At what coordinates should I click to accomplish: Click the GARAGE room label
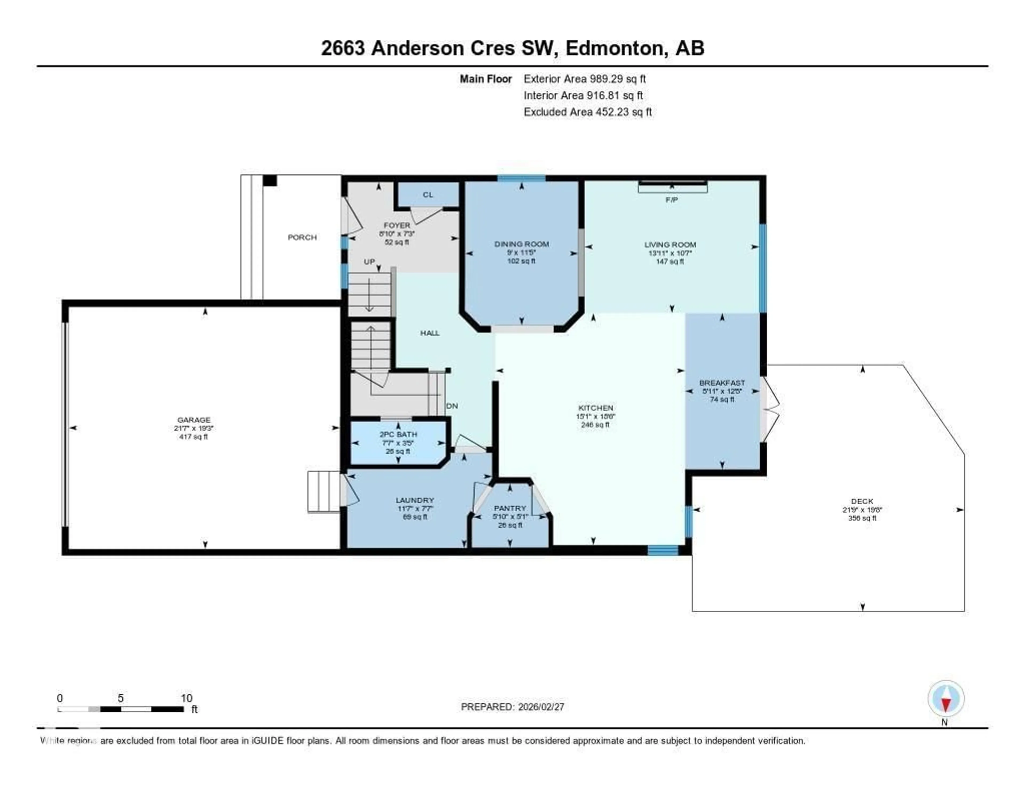pos(194,420)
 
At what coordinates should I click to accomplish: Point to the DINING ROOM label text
pos(521,244)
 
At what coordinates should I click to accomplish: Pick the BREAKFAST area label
pos(722,383)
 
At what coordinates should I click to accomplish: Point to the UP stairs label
pos(369,261)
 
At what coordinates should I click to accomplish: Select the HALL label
pos(430,333)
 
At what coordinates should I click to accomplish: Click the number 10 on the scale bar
pos(186,698)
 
